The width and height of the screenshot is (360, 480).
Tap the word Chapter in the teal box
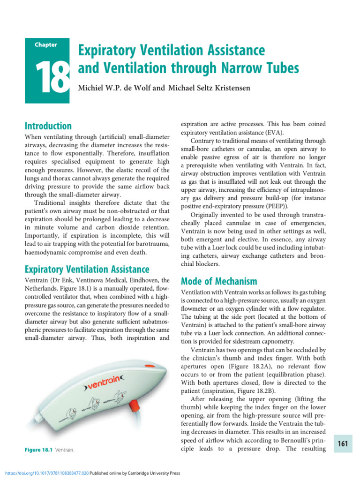pyautogui.click(x=46, y=45)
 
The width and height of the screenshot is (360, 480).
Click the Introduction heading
pyautogui.click(x=48, y=126)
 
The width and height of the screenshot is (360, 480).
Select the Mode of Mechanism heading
pyautogui.click(x=219, y=281)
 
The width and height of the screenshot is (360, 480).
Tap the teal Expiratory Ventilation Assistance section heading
pyautogui.click(x=87, y=269)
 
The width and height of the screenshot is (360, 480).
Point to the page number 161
pyautogui.click(x=343, y=444)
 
